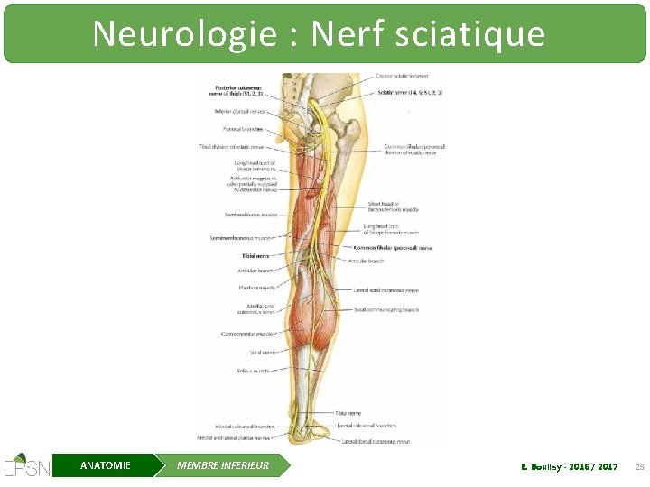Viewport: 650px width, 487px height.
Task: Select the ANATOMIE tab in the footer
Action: pos(105,465)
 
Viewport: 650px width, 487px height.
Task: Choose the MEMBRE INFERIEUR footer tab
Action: pos(223,465)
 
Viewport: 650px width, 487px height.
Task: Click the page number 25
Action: pos(639,466)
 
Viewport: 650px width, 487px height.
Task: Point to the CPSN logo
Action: pos(26,465)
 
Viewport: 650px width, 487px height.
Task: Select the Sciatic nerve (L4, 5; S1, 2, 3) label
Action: pos(409,93)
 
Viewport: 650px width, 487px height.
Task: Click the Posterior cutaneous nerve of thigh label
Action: pos(238,88)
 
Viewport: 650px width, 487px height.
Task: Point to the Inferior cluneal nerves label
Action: pos(238,112)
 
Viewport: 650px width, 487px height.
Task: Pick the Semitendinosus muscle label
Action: pos(250,215)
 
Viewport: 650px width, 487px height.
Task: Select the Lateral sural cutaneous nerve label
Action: pos(386,290)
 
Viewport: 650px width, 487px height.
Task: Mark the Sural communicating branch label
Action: pos(386,309)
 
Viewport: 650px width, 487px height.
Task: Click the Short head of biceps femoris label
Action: pos(393,207)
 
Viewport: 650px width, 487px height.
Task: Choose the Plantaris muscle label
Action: pos(256,288)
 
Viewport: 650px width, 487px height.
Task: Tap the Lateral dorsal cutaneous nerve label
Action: pos(376,441)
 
